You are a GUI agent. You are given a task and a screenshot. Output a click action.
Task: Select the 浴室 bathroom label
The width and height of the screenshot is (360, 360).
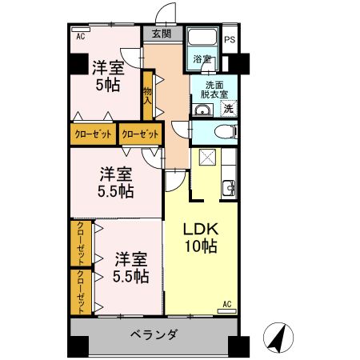202,59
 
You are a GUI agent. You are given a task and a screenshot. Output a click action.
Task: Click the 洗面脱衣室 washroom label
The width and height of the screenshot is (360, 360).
214,89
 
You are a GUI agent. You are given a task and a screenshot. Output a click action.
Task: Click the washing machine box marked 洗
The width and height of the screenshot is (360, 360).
228,109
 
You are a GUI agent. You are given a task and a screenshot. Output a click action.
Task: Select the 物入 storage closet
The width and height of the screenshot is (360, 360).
148,97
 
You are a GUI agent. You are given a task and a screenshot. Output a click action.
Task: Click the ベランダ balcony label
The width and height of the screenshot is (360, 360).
153,334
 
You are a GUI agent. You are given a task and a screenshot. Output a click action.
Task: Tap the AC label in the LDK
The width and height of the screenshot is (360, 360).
226,304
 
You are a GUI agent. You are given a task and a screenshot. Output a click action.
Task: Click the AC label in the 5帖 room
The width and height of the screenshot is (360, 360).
80,37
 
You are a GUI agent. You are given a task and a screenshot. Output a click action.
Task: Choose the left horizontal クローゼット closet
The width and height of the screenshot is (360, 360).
94,134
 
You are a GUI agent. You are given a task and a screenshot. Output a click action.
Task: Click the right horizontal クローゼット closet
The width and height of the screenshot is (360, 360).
139,134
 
